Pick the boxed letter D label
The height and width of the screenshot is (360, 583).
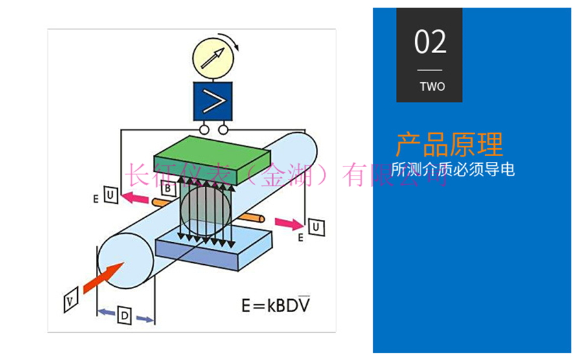click(124, 316)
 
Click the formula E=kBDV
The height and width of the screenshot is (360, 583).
click(275, 305)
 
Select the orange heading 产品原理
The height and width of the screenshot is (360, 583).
click(449, 144)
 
